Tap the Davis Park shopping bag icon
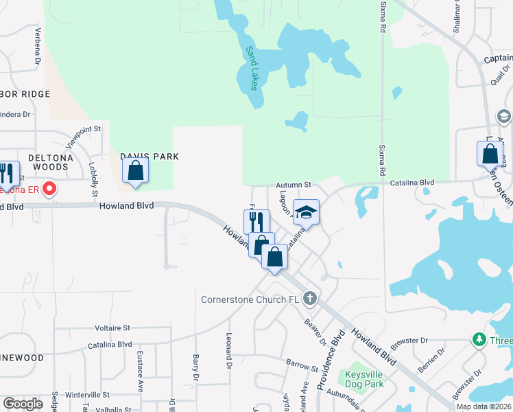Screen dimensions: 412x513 coord(136,171)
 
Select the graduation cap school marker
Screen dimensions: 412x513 coord(306,211)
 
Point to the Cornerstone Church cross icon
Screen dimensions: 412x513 coord(310,299)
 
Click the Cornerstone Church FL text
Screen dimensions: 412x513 coord(250,299)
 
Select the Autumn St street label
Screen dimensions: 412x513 coord(294,185)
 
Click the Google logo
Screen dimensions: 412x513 coord(23,404)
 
